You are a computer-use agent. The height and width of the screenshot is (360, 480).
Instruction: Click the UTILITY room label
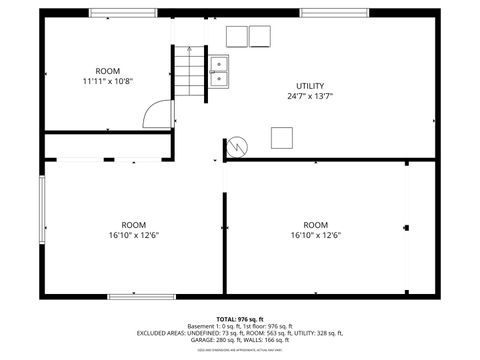click(x=309, y=85)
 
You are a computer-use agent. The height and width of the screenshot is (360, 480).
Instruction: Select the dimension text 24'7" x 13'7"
click(x=309, y=96)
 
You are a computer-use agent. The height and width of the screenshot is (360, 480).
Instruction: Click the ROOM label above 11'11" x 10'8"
click(x=108, y=70)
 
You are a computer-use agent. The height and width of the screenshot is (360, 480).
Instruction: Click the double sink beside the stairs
click(x=219, y=68)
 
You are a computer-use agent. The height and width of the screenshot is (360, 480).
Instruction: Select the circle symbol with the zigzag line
click(x=237, y=145)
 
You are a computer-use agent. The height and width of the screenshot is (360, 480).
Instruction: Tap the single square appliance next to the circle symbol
click(x=283, y=137)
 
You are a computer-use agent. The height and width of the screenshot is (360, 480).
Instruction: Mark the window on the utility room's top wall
click(x=331, y=13)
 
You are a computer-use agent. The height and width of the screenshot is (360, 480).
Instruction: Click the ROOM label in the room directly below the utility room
click(x=316, y=225)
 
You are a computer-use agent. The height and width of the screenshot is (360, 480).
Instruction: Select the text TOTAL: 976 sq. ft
click(x=240, y=318)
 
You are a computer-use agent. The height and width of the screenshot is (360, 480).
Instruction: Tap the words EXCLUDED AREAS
click(x=162, y=333)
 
